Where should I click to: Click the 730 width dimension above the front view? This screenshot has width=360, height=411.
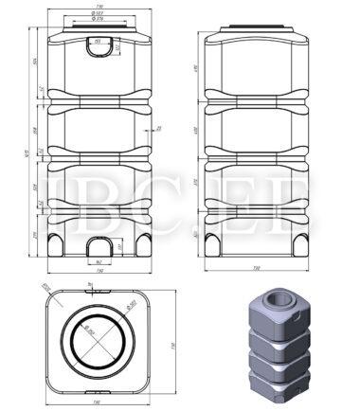[99, 6]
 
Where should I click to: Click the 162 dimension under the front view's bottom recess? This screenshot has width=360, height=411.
[99, 262]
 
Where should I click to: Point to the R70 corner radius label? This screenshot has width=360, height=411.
[45, 288]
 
